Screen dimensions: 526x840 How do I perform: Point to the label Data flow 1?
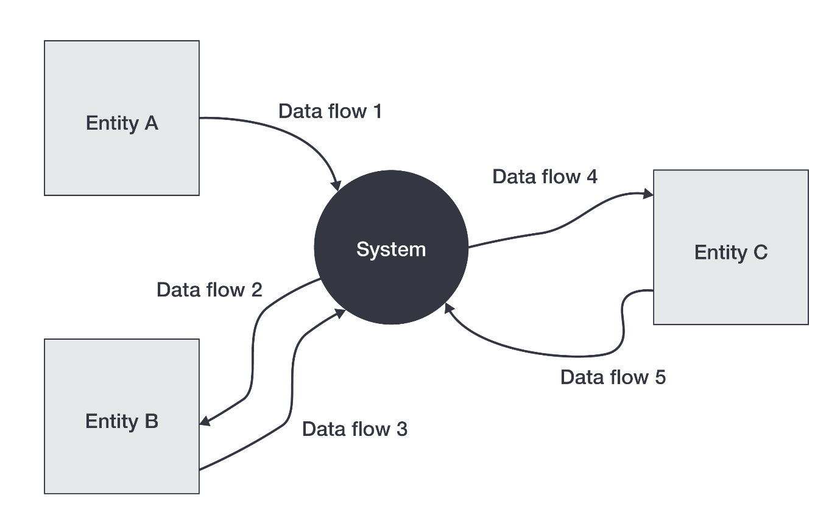coord(330,111)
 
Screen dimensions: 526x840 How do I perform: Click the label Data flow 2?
coord(209,289)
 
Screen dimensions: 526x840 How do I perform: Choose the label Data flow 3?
coord(354,429)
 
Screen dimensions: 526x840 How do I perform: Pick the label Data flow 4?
coord(545,177)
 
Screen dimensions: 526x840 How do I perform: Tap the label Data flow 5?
coord(613,377)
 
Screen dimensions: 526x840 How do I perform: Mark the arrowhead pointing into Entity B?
coord(205,421)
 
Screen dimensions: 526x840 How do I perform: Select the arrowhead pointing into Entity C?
coord(648,194)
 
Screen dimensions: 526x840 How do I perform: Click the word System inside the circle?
coord(390,249)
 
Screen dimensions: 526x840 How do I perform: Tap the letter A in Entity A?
coord(150,123)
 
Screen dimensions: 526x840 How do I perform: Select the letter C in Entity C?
coord(760,252)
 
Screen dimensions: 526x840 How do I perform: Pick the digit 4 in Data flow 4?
coord(591,177)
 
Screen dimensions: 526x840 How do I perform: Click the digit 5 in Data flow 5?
coord(660,377)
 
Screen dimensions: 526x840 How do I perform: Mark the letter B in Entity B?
coord(151,421)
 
